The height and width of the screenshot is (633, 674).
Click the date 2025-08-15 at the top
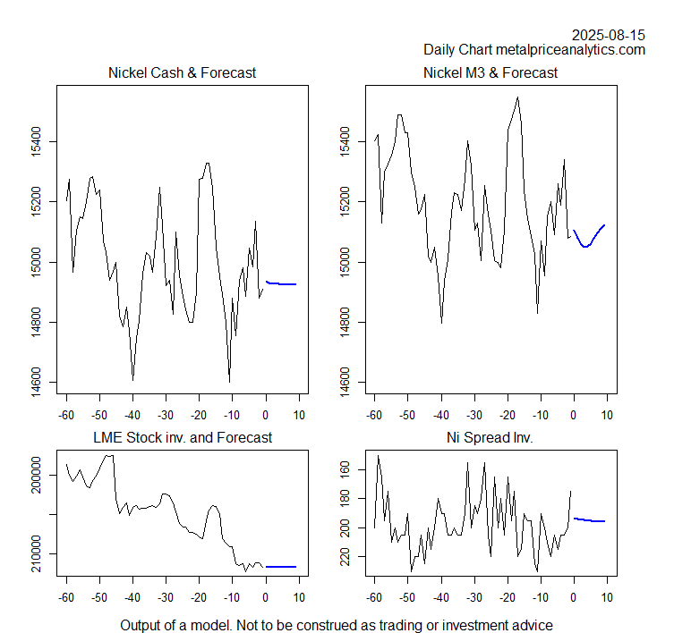(608, 35)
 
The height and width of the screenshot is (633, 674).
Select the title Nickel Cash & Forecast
(182, 72)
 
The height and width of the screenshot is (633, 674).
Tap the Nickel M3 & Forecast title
(491, 72)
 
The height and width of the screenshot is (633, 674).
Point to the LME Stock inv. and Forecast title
(183, 437)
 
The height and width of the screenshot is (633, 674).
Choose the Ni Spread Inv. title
(491, 437)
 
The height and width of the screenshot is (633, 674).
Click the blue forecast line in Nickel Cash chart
(282, 283)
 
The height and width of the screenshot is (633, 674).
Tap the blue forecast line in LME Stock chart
(281, 566)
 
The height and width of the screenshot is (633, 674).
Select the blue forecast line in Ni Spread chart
(590, 520)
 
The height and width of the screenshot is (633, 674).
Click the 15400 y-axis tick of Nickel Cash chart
(36, 141)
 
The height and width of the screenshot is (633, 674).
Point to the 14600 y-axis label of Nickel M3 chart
(345, 383)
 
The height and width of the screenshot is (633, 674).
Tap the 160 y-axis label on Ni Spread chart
(345, 469)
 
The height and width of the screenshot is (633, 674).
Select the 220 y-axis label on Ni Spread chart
(345, 556)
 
